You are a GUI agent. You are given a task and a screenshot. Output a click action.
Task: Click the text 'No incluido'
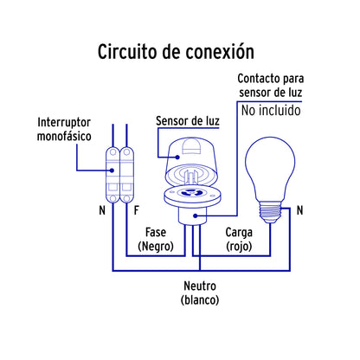269,110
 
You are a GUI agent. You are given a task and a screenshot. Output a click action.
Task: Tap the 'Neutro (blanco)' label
200,292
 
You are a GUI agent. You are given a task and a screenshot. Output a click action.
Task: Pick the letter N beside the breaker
102,210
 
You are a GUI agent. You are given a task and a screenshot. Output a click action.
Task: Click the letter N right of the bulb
299,210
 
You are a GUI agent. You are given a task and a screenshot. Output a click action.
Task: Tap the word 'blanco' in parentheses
200,300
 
